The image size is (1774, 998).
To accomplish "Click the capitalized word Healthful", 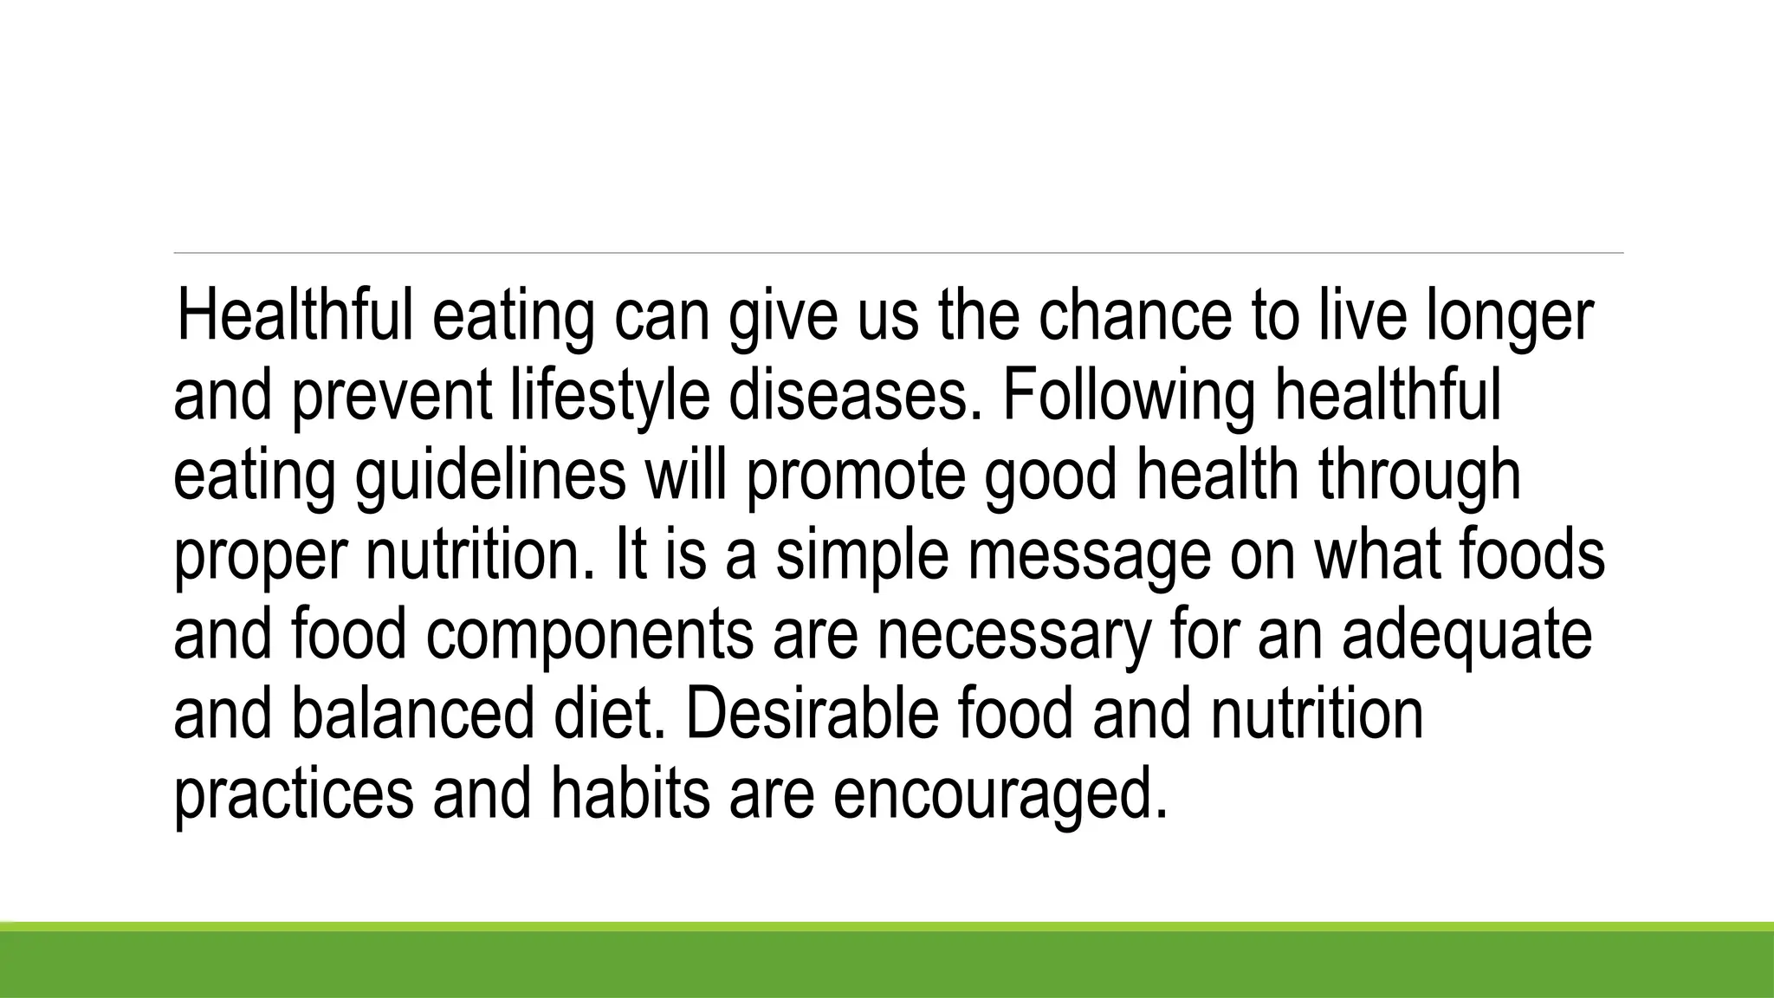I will tap(295, 316).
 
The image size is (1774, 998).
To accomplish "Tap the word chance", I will tap(1135, 316).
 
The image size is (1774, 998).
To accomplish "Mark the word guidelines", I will tap(490, 477).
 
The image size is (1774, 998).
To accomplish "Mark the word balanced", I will tap(412, 715).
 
